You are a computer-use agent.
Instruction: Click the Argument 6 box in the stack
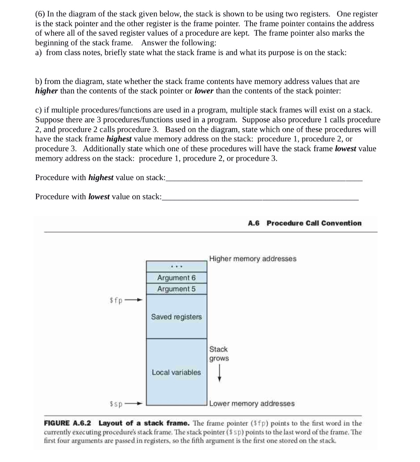pyautogui.click(x=176, y=277)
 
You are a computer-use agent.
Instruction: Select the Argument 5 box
pyautogui.click(x=176, y=289)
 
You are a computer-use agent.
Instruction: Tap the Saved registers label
pyautogui.click(x=176, y=317)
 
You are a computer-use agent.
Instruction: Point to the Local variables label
pyautogui.click(x=176, y=372)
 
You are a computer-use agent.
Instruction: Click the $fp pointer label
pyautogui.click(x=116, y=300)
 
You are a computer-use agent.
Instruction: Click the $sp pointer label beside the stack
pyautogui.click(x=116, y=403)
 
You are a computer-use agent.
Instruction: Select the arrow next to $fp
pyautogui.click(x=134, y=300)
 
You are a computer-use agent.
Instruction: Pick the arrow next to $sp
pyautogui.click(x=134, y=403)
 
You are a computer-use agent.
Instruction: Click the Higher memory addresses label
pyautogui.click(x=253, y=259)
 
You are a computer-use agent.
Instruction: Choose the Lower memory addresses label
pyautogui.click(x=252, y=403)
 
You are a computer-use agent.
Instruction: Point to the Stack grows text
pyautogui.click(x=219, y=354)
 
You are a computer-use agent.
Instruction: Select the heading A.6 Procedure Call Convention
pyautogui.click(x=305, y=223)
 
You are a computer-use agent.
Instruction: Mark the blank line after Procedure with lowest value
pyautogui.click(x=260, y=199)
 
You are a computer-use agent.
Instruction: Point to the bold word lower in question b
pyautogui.click(x=204, y=90)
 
